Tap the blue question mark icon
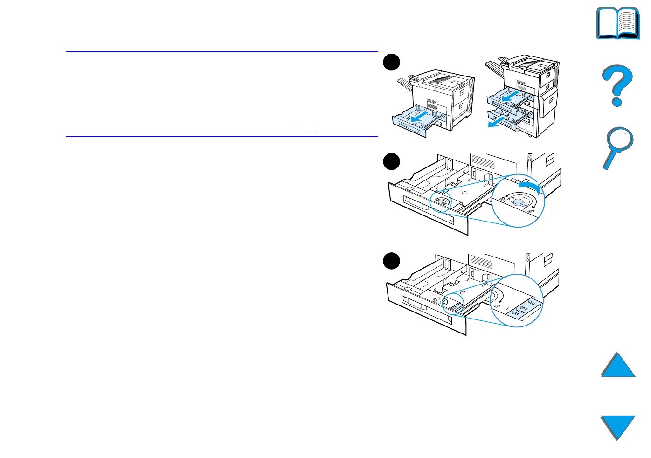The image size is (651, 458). tap(616, 85)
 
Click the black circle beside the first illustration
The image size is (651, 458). tap(392, 62)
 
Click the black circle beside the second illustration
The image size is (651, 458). tap(392, 161)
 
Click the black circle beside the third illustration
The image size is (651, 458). tap(392, 261)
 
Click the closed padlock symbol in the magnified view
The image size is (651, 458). tap(502, 198)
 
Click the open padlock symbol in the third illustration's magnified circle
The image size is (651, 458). tap(496, 306)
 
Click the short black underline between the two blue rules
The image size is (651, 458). tap(304, 132)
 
